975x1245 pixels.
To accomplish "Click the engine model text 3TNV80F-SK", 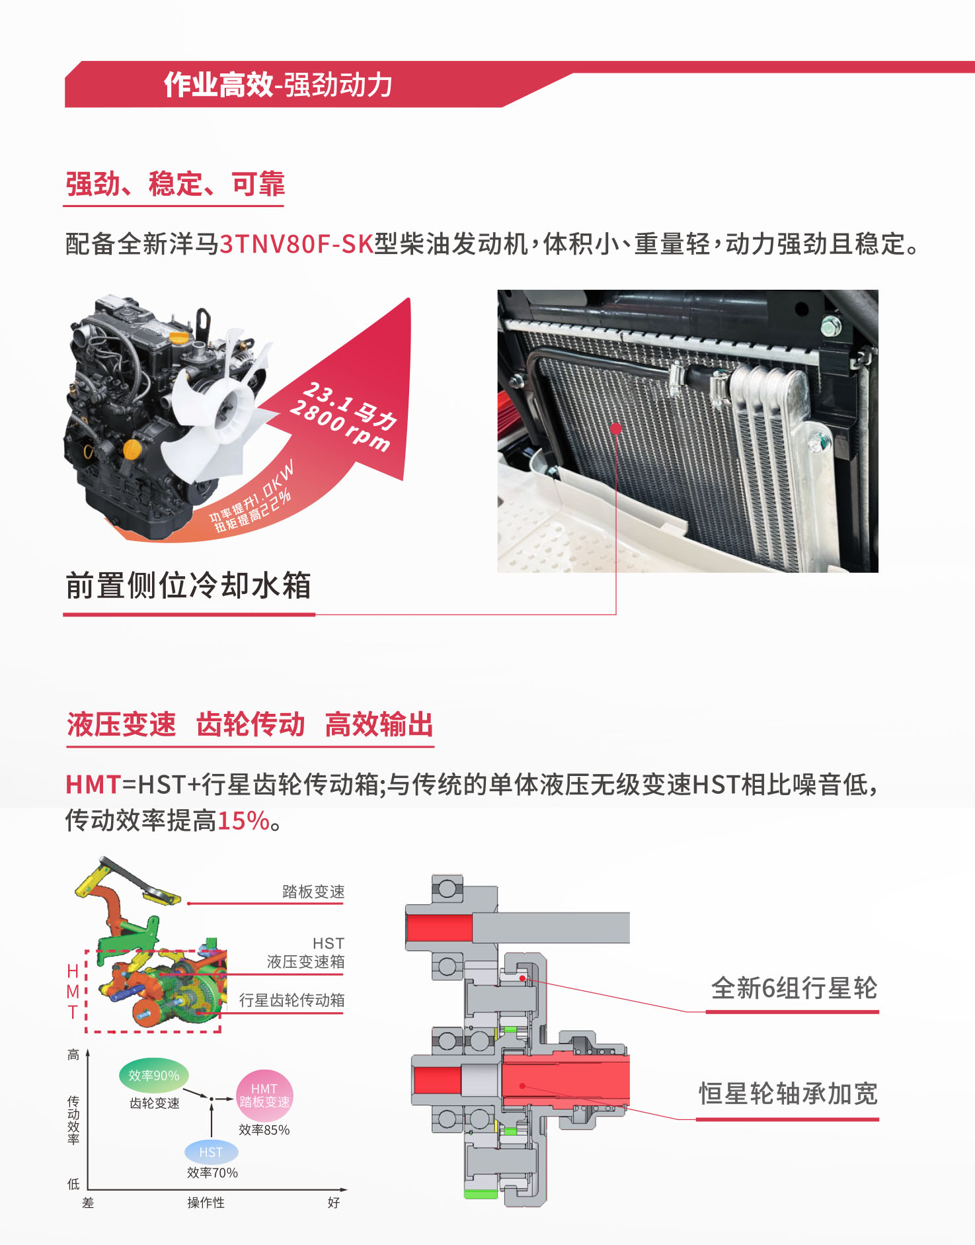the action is [297, 243].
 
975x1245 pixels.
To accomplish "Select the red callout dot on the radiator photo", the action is [616, 429].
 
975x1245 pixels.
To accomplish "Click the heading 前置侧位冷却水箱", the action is [188, 585].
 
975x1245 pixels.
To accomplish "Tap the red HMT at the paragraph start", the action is [93, 785].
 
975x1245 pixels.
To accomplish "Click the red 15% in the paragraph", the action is [243, 821].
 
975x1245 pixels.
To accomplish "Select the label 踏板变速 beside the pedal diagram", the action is [313, 892].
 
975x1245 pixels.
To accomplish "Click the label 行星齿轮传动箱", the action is [292, 1000].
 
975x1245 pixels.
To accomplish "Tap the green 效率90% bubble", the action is [154, 1076].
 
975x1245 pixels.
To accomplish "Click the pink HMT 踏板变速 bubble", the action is [264, 1095].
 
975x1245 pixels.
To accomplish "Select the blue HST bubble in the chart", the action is [212, 1152].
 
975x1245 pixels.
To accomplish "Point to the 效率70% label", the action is [212, 1173].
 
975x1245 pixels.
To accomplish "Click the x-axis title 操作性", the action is [206, 1203].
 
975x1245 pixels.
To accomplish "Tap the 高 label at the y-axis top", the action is [73, 1054].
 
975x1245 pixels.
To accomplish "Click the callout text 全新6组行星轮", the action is [794, 988].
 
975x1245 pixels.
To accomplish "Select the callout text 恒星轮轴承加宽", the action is [788, 1094].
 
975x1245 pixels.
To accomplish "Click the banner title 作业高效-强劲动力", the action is [278, 85].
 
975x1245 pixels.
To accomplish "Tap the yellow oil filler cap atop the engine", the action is [179, 337].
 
